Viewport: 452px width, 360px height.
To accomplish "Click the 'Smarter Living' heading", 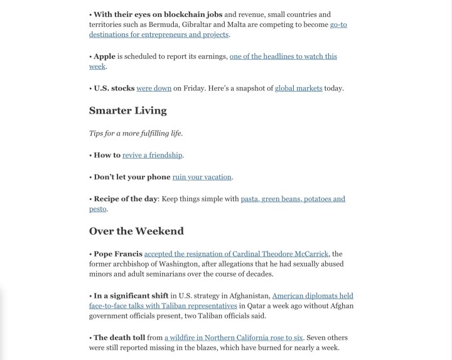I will coord(127,110).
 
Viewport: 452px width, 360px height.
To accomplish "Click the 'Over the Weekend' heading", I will coord(136,231).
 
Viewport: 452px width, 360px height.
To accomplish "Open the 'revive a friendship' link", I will coord(152,155).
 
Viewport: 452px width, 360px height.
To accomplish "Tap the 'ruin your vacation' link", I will coord(202,177).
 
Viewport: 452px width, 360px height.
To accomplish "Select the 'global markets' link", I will coord(299,88).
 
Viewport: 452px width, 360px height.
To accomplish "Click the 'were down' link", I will coord(154,88).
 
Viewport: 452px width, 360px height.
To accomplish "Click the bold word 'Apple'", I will coord(104,56).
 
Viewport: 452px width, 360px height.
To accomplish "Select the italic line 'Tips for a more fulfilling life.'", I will coord(136,133).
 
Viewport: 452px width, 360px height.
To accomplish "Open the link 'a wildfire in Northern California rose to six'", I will coord(234,337).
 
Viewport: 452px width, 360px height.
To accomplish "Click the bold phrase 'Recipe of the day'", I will coord(125,199).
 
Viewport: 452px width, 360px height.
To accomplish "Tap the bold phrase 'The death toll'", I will coord(119,337).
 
